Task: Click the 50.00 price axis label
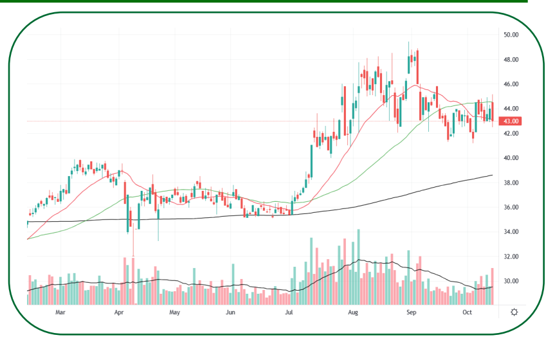[x=511, y=35]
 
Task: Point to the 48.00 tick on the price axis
[x=511, y=60]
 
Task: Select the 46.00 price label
[x=511, y=84]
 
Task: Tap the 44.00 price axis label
[x=511, y=109]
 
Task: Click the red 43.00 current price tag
[x=511, y=121]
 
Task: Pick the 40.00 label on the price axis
[x=511, y=158]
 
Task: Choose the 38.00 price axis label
[x=511, y=183]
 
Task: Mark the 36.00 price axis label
[x=511, y=208]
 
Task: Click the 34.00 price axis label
[x=511, y=232]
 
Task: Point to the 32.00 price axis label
[x=511, y=256]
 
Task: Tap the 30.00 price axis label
[x=511, y=282]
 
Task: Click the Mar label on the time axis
[x=60, y=312]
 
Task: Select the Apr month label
[x=119, y=312]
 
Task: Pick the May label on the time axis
[x=174, y=312]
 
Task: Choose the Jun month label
[x=230, y=312]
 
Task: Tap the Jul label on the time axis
[x=289, y=312]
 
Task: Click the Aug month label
[x=353, y=312]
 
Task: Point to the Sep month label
[x=412, y=312]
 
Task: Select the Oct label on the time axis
[x=468, y=312]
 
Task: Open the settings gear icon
[x=514, y=312]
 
